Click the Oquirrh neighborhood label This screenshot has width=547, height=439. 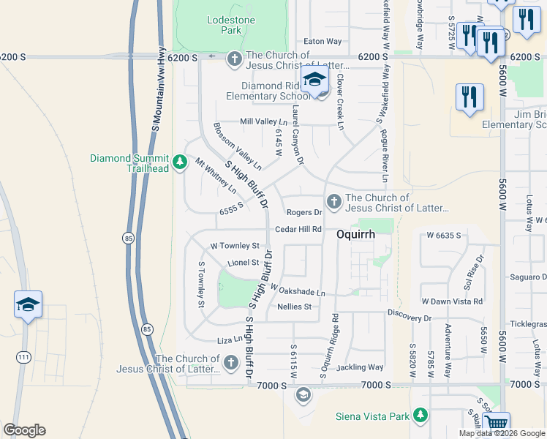[x=356, y=235]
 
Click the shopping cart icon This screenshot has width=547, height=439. [x=497, y=424]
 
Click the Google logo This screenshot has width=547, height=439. [x=24, y=430]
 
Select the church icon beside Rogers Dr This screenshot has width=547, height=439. [x=333, y=200]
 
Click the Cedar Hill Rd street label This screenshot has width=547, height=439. [x=298, y=229]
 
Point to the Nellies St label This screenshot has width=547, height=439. [x=295, y=307]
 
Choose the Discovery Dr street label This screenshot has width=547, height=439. [x=410, y=318]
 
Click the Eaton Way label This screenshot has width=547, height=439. [x=322, y=42]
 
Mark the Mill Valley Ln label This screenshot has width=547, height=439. [x=264, y=122]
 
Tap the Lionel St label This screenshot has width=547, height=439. [x=244, y=263]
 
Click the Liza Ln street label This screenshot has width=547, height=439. [x=229, y=340]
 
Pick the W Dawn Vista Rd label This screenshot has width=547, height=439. [x=452, y=301]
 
